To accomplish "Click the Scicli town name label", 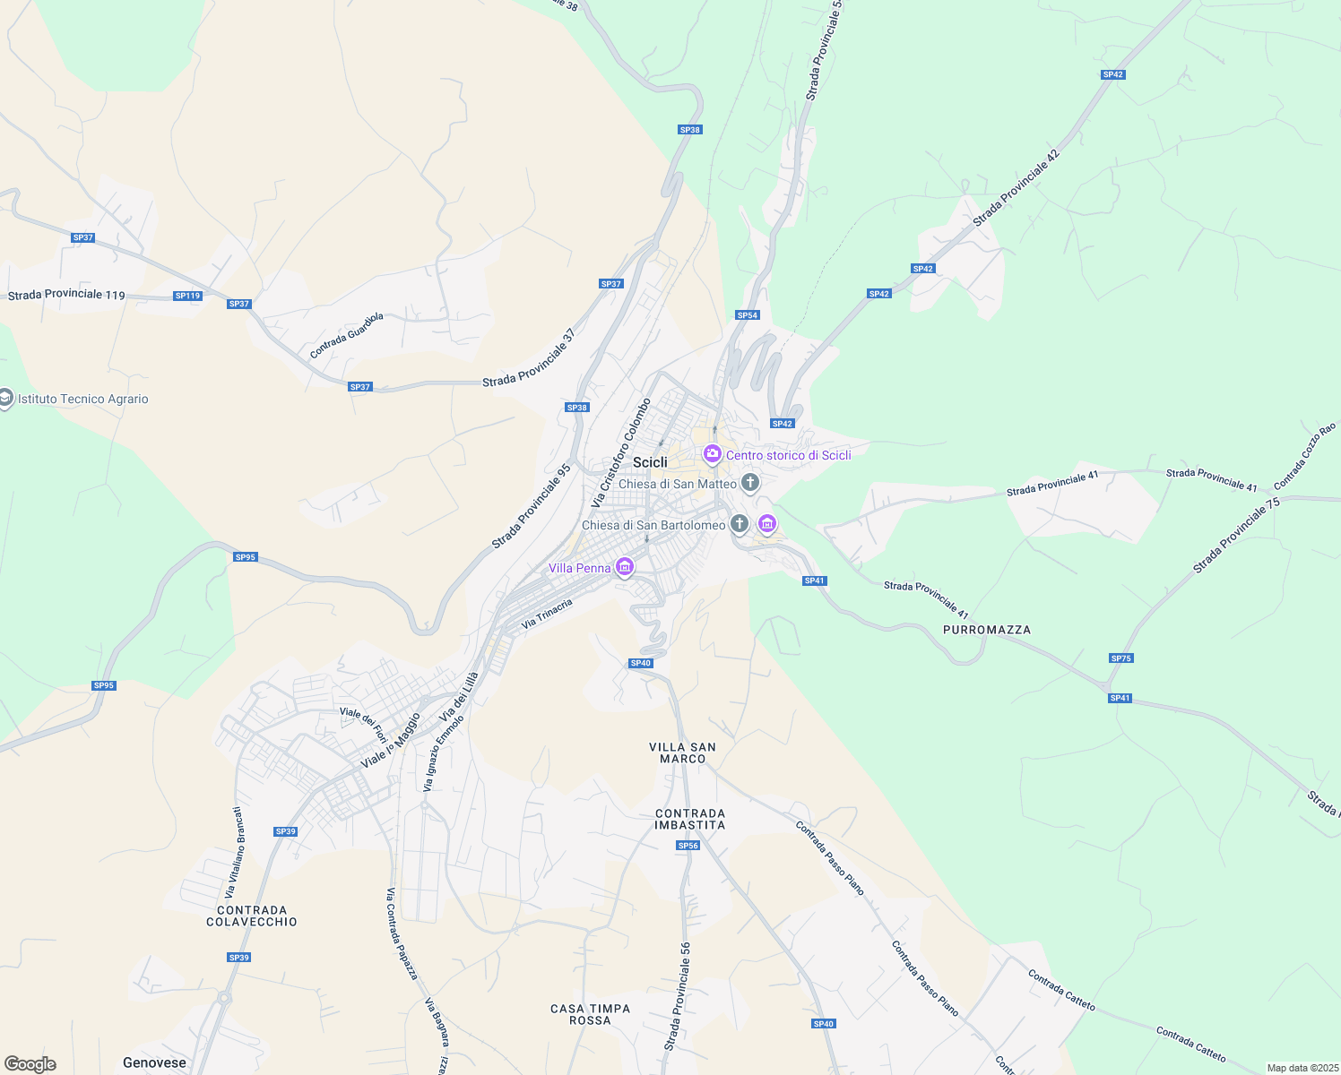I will point(650,462).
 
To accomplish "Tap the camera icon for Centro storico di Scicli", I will point(713,455).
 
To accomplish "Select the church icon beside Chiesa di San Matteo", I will point(750,484).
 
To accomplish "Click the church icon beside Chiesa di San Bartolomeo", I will point(739,524).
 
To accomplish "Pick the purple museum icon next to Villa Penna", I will point(625,567).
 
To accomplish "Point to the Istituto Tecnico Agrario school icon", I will point(5,399).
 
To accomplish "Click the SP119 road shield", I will point(187,296).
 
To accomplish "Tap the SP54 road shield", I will point(748,315).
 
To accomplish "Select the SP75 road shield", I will point(1120,658).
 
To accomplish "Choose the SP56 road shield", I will point(688,846).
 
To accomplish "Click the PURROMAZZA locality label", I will point(987,630).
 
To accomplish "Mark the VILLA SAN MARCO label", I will point(682,752).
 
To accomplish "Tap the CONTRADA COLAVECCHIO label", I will point(252,916).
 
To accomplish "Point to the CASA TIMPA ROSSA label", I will point(590,1014).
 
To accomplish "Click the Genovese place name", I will point(154,1062).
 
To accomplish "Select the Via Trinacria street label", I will point(547,613).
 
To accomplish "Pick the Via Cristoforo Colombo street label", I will point(620,452).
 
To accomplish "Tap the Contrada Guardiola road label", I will point(347,335).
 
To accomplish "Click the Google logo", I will point(30,1064).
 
